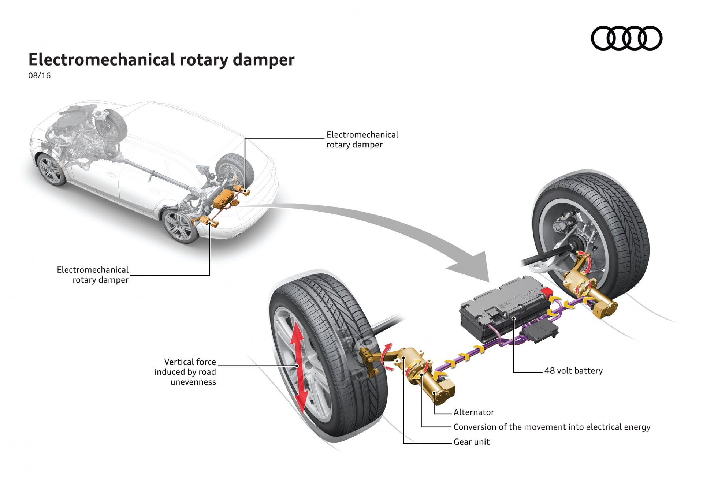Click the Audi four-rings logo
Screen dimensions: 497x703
626,38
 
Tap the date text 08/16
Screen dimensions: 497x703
39,76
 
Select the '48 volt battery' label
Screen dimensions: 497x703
573,371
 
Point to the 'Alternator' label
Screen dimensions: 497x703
473,412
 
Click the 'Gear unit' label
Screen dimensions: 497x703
471,442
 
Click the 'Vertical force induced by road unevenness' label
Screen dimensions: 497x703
185,372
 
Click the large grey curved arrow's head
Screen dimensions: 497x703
472,267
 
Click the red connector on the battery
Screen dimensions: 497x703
546,292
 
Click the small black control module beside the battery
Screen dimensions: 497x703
540,331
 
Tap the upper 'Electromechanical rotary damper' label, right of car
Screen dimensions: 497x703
362,140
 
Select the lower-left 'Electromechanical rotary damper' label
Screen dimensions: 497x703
93,275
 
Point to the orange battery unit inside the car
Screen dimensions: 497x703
224,198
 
